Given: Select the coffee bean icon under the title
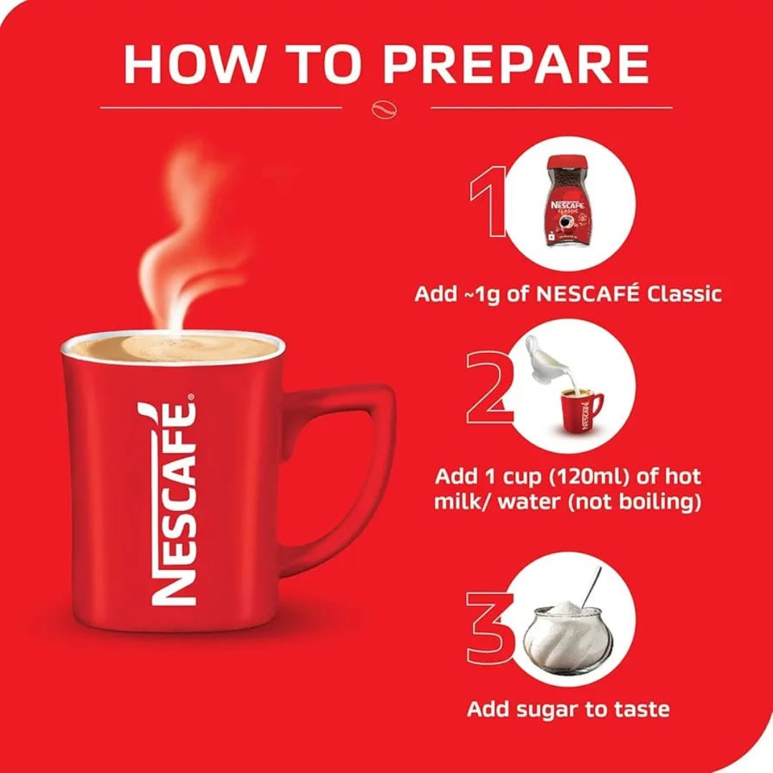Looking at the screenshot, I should (386, 109).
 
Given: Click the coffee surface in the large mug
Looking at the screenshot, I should (172, 349).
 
